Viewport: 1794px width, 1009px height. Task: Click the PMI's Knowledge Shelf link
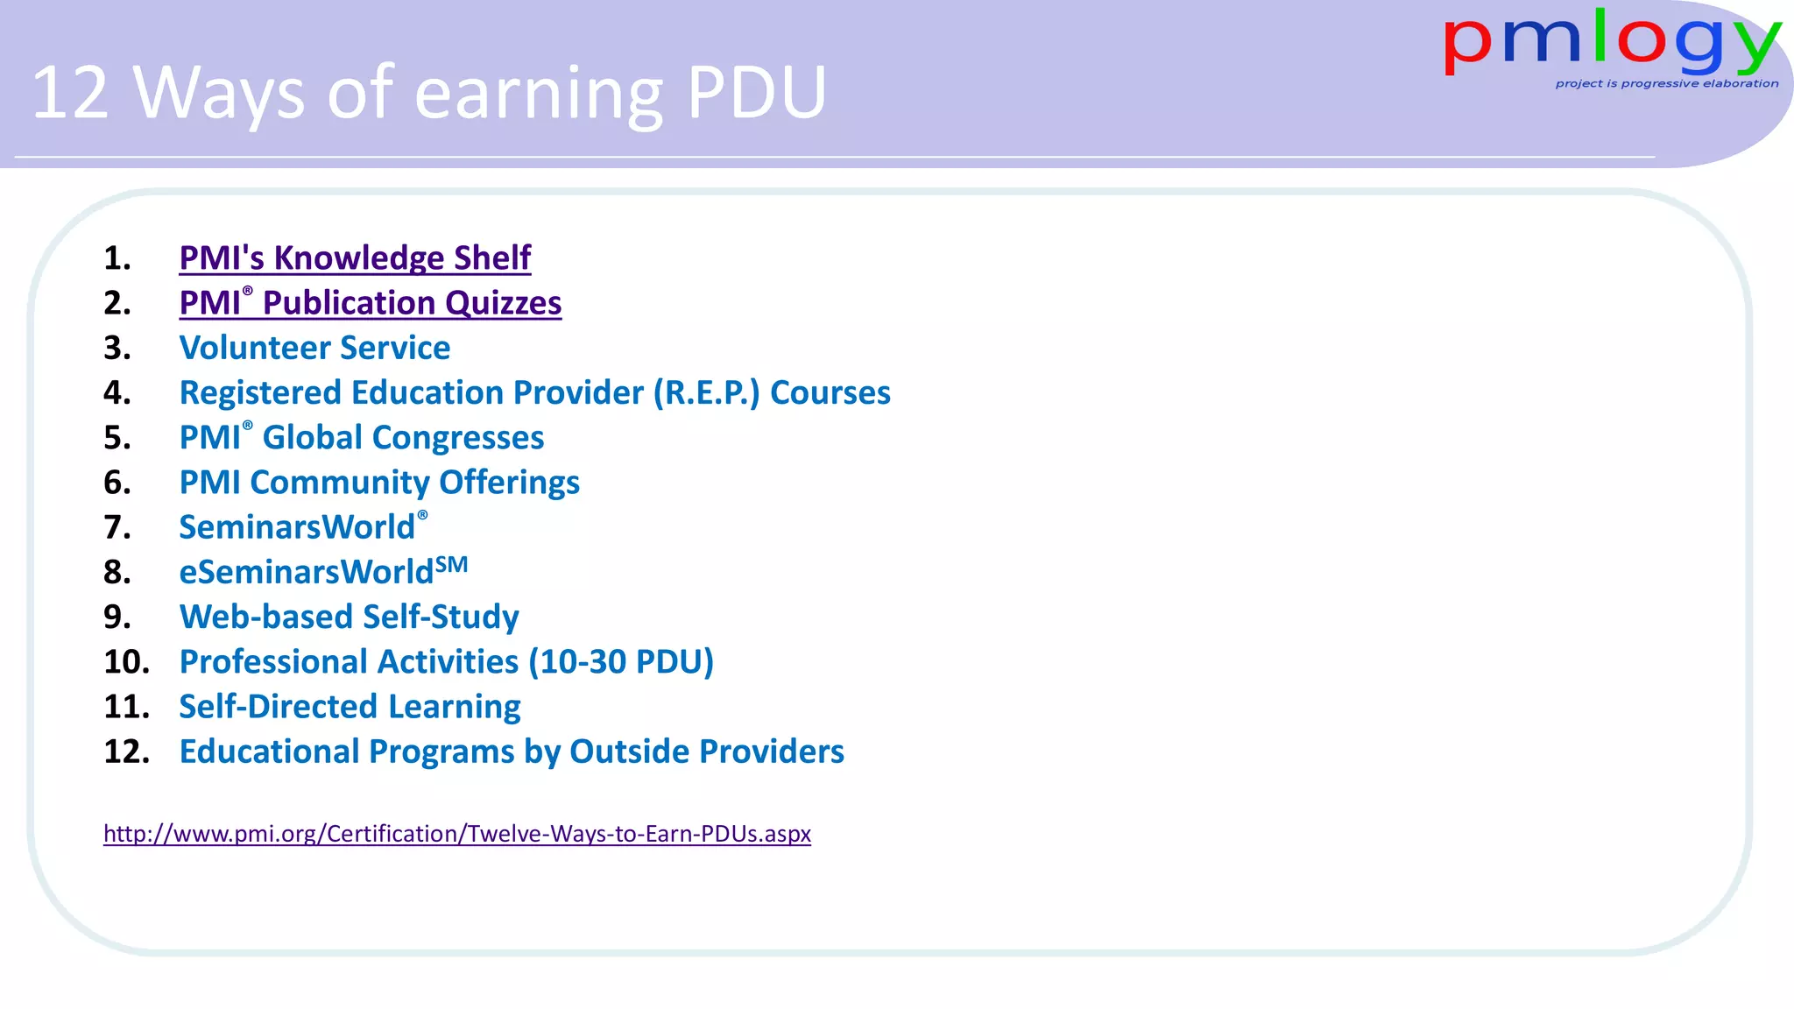(355, 258)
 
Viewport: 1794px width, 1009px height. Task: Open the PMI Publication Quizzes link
(370, 303)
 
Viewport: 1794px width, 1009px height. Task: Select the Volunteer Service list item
(314, 348)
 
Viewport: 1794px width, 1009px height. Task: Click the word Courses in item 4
(830, 392)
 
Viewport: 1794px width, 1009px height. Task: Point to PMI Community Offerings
(379, 483)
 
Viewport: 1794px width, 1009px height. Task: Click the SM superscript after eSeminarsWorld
(452, 564)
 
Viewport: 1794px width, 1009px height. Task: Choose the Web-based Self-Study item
(349, 617)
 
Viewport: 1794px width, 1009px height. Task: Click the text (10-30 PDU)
(621, 661)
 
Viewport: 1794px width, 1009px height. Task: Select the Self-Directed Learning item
(350, 707)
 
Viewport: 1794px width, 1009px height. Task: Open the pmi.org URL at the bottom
(457, 833)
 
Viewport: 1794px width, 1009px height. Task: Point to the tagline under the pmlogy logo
(1666, 84)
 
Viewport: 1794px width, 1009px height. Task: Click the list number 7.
(117, 527)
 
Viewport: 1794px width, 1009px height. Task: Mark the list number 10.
(126, 661)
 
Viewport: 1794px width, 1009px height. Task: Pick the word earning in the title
(538, 95)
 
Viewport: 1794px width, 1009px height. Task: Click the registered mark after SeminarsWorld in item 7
(422, 516)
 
